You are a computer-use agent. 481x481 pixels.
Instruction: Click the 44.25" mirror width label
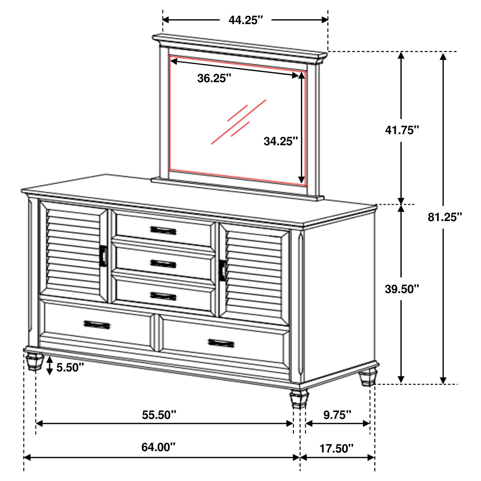click(246, 20)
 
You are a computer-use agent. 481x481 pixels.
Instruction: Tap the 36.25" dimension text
click(214, 78)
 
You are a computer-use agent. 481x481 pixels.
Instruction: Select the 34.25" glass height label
click(281, 141)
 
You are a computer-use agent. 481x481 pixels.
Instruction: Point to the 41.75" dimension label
click(402, 130)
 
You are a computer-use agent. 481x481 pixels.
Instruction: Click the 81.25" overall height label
click(445, 217)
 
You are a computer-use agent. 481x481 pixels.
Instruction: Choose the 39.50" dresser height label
click(402, 289)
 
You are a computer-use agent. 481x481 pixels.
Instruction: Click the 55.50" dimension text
click(159, 415)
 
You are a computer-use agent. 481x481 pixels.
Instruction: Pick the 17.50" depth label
click(337, 449)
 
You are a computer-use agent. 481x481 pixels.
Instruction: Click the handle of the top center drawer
click(163, 230)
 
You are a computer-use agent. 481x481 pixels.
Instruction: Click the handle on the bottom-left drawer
click(97, 325)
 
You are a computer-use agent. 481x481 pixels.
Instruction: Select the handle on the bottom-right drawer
click(221, 343)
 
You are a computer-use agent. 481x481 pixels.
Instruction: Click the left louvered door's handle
click(103, 256)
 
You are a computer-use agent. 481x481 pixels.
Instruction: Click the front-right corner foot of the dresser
click(299, 399)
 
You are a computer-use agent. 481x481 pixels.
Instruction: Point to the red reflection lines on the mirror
click(239, 122)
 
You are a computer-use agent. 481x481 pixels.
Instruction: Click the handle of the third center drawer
click(163, 296)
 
